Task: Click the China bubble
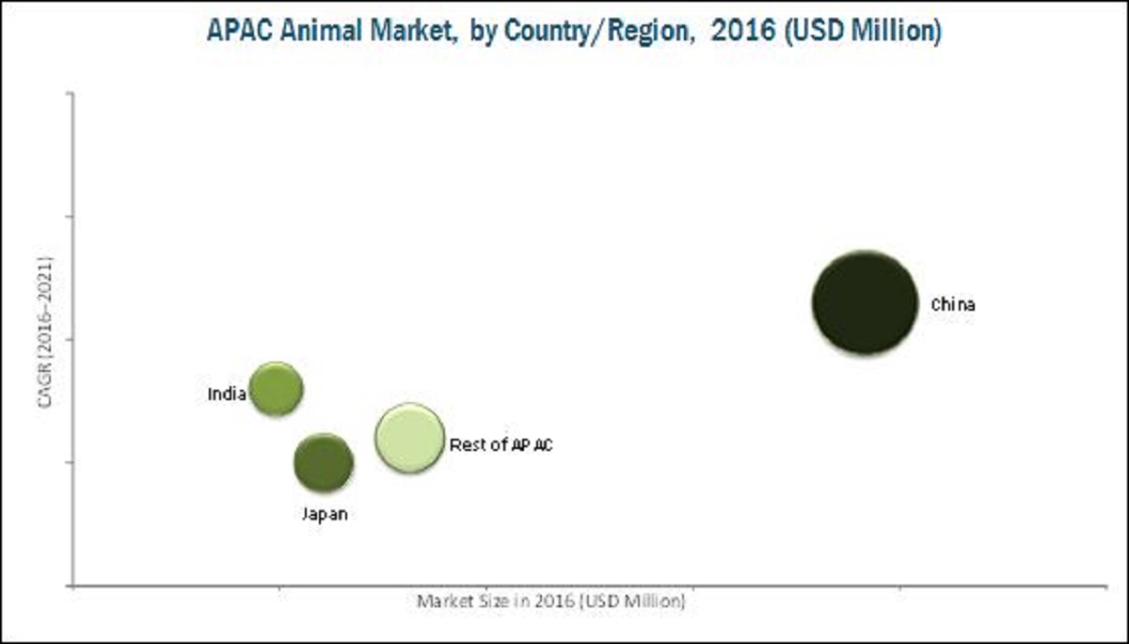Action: [865, 302]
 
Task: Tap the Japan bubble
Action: [323, 462]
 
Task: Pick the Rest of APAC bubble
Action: [408, 438]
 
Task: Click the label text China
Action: [953, 305]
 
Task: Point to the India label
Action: [226, 394]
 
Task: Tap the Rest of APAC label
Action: [501, 444]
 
